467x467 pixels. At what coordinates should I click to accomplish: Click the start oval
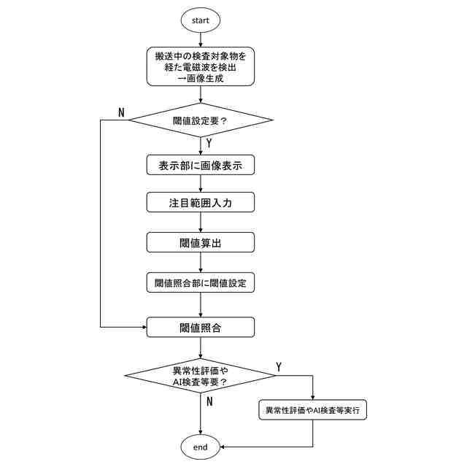click(x=201, y=20)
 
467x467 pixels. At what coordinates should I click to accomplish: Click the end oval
click(x=201, y=447)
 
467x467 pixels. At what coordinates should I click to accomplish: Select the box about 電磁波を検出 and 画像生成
click(x=201, y=66)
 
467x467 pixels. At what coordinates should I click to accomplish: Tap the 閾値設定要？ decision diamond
click(x=201, y=120)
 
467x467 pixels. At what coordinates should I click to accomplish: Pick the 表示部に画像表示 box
click(x=201, y=166)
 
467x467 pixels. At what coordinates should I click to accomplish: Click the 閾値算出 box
click(x=201, y=242)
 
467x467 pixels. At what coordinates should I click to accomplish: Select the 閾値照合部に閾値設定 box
click(x=201, y=282)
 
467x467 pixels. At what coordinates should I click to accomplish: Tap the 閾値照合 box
click(x=201, y=328)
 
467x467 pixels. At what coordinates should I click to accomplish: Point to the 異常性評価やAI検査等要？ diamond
click(x=201, y=375)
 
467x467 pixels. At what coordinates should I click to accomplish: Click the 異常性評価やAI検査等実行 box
click(x=312, y=410)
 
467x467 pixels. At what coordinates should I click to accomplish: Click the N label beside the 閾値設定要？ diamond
click(x=121, y=112)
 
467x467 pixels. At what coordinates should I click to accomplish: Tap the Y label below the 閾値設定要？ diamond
click(x=209, y=143)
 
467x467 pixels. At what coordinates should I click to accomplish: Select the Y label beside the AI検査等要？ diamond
click(x=279, y=365)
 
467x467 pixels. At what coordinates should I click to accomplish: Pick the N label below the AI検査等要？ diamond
click(x=209, y=401)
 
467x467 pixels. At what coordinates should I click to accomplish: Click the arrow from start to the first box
click(x=201, y=40)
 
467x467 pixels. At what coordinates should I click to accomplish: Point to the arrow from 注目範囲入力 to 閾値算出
click(x=201, y=223)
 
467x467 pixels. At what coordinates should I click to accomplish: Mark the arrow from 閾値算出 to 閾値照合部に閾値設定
click(x=201, y=262)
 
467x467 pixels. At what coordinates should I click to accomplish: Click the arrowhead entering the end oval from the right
click(x=223, y=447)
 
